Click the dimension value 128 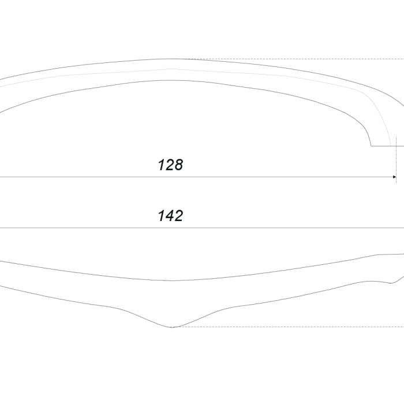[170, 165]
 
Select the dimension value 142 [170, 216]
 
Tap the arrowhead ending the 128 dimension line [394, 177]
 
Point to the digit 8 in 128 [178, 165]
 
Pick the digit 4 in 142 [170, 216]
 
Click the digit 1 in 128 [162, 165]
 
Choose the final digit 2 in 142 [179, 216]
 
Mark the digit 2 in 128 [170, 165]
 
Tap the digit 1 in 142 [162, 216]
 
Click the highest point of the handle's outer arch [171, 59]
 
